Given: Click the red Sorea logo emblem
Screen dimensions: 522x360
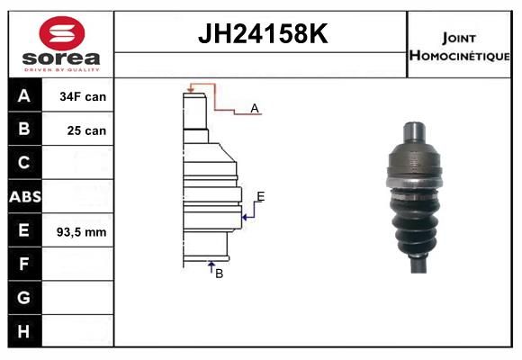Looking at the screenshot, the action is (x=62, y=33).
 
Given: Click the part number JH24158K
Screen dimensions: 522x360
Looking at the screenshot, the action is (x=263, y=33).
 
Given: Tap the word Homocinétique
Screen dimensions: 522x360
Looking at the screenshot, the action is (x=460, y=56).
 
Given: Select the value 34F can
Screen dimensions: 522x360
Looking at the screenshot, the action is (x=83, y=96).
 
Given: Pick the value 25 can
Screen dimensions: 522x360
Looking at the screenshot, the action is (x=86, y=130).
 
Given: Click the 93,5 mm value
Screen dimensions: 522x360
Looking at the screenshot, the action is (x=82, y=232).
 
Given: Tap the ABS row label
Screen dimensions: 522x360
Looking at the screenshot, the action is (x=25, y=197).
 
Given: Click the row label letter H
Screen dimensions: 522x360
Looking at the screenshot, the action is (x=23, y=331).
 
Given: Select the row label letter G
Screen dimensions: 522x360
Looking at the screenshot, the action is (x=23, y=297).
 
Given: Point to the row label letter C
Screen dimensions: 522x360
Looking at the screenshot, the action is (x=23, y=163).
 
